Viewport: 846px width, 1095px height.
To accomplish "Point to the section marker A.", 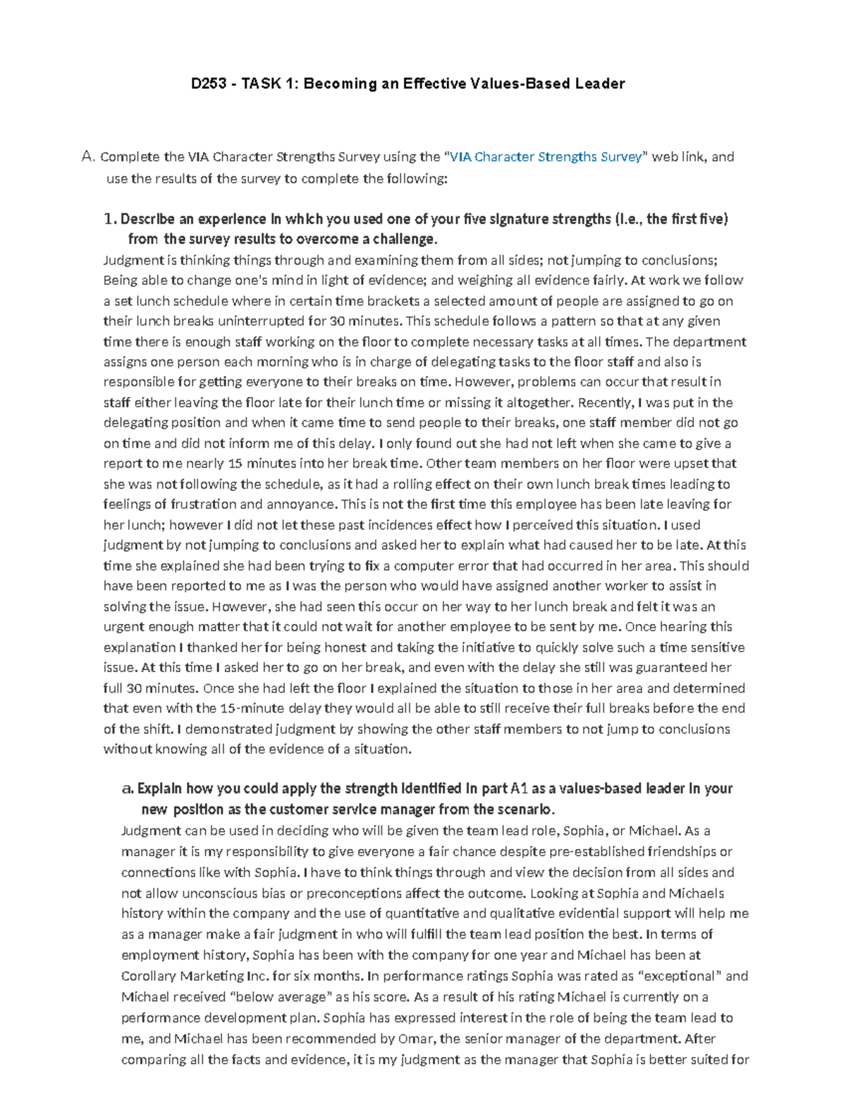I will pyautogui.click(x=87, y=157).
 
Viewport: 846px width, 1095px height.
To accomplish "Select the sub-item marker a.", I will pyautogui.click(x=127, y=788).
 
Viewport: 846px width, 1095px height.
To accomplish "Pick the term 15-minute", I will pyautogui.click(x=250, y=708).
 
